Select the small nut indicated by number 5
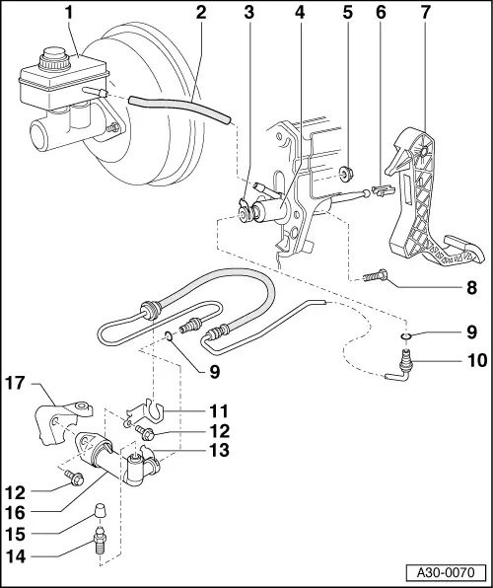pos(346,176)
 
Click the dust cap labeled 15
pos(98,512)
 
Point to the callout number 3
pos(249,13)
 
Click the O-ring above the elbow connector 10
pos(406,338)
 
